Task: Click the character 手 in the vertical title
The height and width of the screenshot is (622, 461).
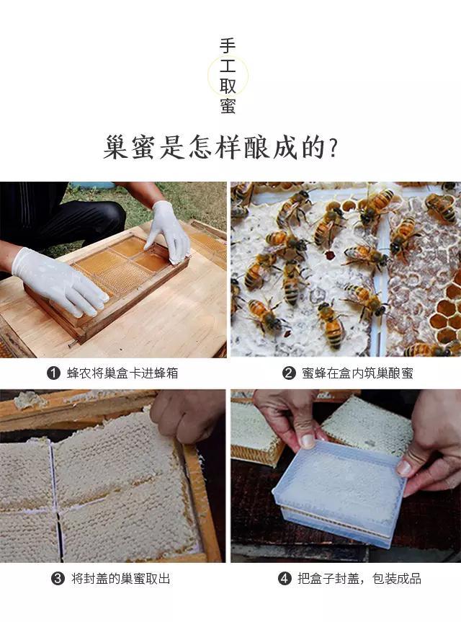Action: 228,46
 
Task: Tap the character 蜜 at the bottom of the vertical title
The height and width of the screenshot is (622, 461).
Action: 228,105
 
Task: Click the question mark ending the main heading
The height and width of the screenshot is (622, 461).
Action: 333,148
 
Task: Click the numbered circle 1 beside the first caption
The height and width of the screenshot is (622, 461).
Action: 53,373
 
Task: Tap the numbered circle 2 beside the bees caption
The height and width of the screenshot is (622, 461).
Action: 289,373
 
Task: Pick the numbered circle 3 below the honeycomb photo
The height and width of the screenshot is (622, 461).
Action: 58,578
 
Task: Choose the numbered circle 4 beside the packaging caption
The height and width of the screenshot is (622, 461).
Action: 285,578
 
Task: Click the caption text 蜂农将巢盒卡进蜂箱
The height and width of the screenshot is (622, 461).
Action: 122,373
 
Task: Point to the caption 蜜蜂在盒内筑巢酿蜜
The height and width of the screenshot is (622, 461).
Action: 357,373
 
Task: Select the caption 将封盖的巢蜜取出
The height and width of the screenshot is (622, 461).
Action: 120,578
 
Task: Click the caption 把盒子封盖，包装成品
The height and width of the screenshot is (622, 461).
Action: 359,578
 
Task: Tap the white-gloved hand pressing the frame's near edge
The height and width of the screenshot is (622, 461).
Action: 60,281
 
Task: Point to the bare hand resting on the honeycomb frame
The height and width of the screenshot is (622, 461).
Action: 187,416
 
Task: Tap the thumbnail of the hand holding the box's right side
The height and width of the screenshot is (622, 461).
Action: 404,468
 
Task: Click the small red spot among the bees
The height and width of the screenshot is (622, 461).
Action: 329,254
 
